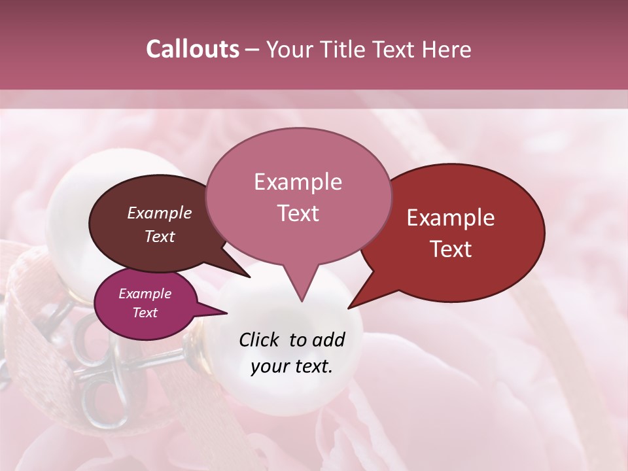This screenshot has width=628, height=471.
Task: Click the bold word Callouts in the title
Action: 192,49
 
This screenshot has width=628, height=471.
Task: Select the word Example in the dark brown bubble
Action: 160,213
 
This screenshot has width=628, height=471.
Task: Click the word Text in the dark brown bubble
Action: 160,236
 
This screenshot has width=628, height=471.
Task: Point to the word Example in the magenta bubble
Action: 145,294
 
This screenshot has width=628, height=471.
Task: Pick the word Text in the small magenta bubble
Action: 145,313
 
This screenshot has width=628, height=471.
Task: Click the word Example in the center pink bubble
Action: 298,182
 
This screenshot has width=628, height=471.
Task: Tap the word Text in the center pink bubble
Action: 298,213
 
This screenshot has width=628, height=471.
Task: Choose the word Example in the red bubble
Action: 451,218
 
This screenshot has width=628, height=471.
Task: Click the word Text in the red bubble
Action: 451,249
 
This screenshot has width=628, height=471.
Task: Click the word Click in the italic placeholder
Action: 260,340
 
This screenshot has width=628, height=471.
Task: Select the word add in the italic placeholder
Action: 328,340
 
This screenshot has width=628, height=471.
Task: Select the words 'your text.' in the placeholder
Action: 291,366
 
